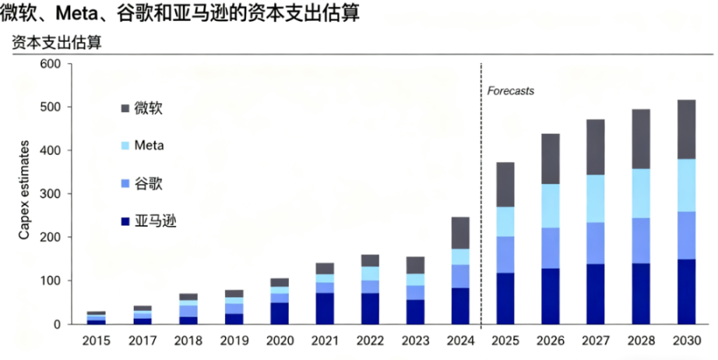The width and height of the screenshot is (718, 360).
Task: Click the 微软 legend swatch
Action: pos(125,108)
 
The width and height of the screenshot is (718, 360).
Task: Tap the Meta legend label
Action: pos(149,146)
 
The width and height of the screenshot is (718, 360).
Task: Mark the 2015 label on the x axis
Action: pos(97,341)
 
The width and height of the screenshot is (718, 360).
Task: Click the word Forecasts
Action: pos(511,91)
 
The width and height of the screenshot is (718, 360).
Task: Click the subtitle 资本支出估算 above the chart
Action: pos(56,44)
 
